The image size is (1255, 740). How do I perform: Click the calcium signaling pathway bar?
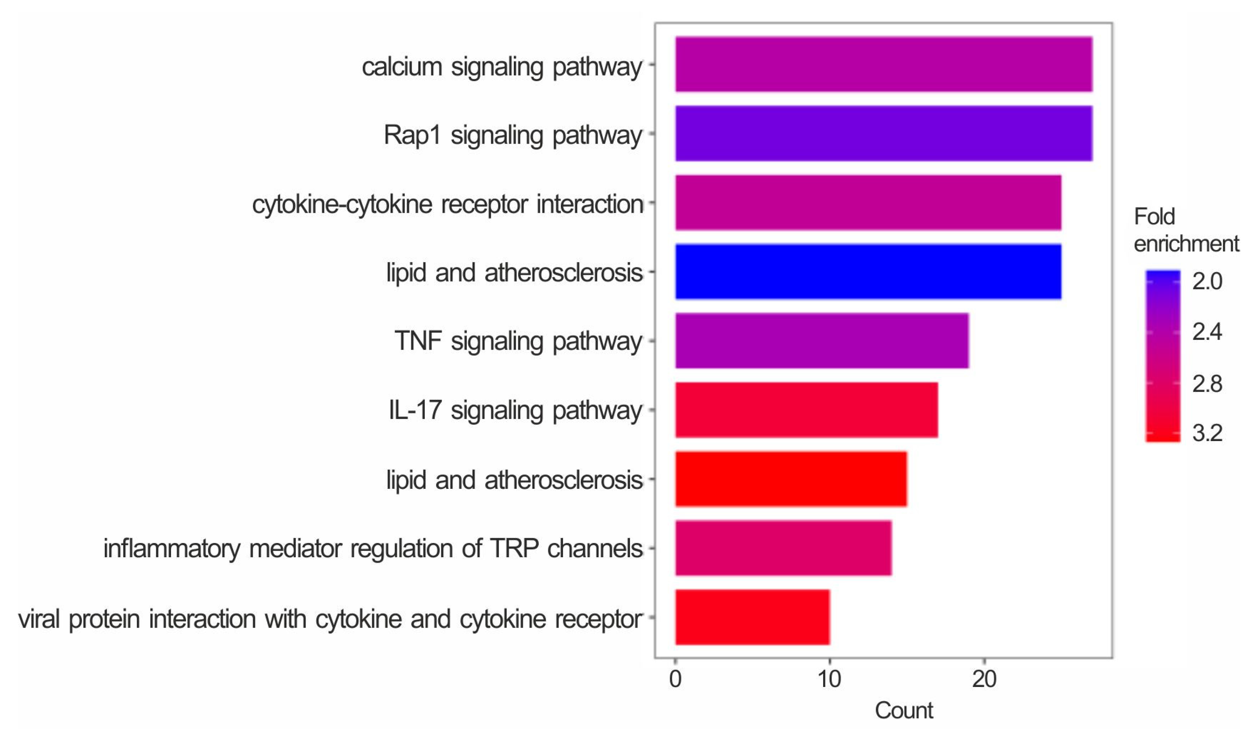click(883, 64)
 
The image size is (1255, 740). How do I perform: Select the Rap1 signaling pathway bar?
click(883, 133)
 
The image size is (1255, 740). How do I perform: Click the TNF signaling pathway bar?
click(821, 341)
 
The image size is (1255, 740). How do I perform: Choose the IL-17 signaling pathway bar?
click(806, 410)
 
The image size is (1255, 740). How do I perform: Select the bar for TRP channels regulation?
click(783, 548)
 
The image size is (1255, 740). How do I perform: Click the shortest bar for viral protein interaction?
click(752, 617)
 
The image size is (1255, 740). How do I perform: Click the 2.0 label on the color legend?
click(1207, 282)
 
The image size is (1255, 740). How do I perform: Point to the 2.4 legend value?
click(1207, 332)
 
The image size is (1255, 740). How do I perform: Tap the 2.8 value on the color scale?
click(1207, 384)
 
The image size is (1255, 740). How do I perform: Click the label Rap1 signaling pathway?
click(512, 135)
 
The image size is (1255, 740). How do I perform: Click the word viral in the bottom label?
click(39, 619)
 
